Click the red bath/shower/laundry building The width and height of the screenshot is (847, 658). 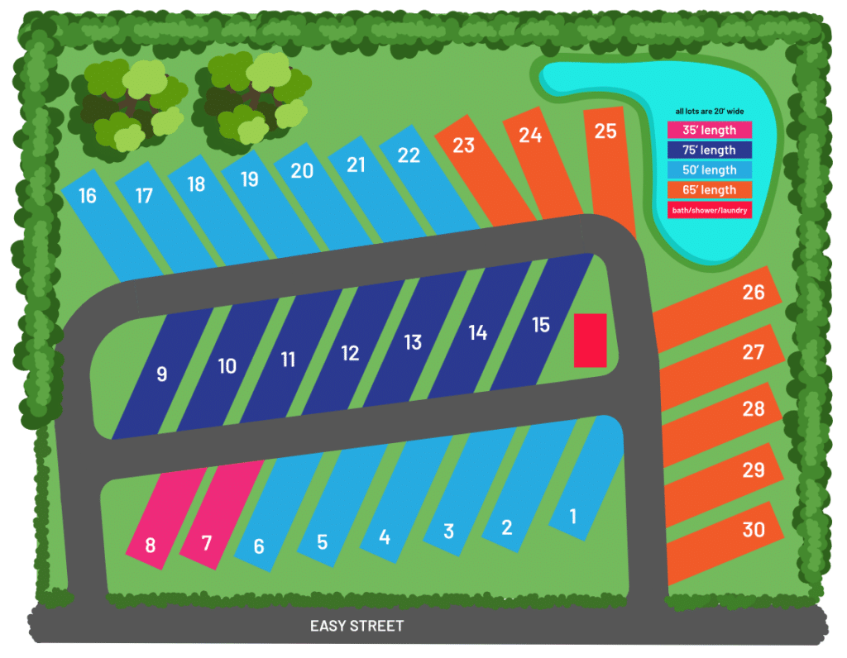[x=591, y=340]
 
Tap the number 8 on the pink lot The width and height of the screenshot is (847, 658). [x=150, y=546]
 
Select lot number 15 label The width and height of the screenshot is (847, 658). [x=540, y=325]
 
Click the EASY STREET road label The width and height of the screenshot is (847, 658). [x=357, y=626]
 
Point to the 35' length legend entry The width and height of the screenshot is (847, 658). [x=709, y=130]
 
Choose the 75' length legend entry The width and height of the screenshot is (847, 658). [x=709, y=150]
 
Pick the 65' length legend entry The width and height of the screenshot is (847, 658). [x=709, y=190]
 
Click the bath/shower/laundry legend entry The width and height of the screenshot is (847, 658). [x=709, y=210]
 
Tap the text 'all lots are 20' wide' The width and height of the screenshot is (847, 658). [x=709, y=111]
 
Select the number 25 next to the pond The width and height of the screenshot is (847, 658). [x=605, y=131]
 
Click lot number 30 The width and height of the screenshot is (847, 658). [x=753, y=529]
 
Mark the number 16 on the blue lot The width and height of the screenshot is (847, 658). [x=87, y=196]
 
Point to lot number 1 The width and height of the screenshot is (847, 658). [x=573, y=517]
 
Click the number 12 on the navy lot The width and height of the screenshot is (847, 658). [x=350, y=353]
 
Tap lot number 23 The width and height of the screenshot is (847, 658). [x=463, y=145]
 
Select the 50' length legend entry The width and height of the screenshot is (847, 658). [x=709, y=170]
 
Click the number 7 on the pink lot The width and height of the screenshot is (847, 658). [x=207, y=543]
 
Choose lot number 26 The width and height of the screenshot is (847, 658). [x=753, y=292]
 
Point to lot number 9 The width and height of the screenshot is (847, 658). [x=161, y=374]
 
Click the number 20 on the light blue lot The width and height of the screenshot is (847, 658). [x=302, y=170]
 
